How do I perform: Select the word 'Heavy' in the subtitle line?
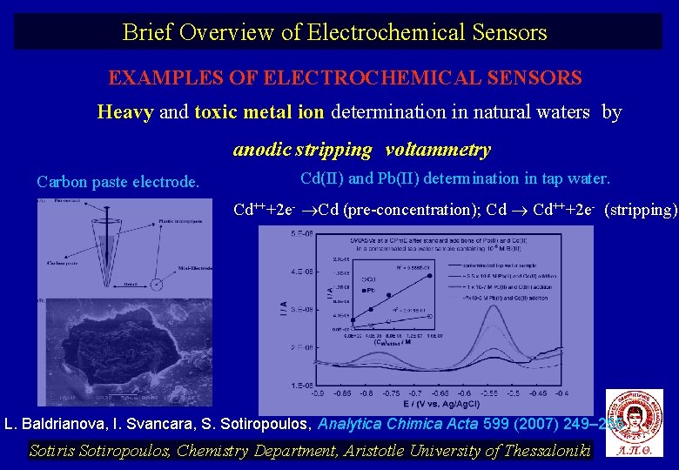click(x=125, y=112)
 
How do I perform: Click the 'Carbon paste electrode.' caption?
click(x=118, y=182)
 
